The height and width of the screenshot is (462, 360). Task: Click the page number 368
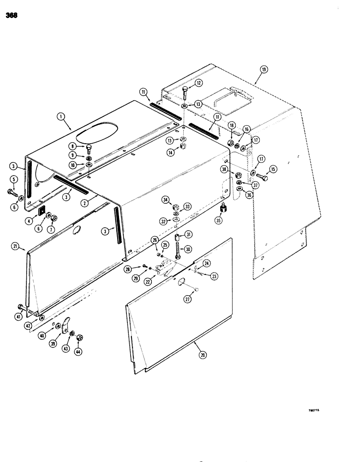12,15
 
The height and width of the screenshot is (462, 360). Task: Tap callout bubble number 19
264,70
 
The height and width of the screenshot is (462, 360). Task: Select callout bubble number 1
61,117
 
